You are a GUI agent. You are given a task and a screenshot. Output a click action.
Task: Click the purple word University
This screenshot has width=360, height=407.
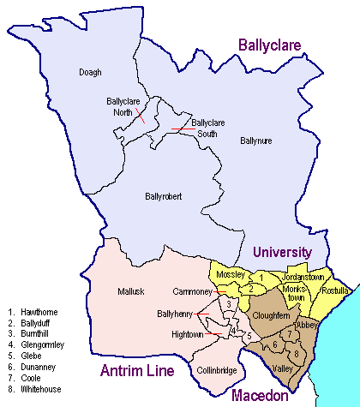pos(281,252)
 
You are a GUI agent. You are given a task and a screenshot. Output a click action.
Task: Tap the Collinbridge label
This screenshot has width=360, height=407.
pos(214,371)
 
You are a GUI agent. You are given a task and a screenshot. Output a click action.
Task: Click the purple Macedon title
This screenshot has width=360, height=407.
pos(258,395)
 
